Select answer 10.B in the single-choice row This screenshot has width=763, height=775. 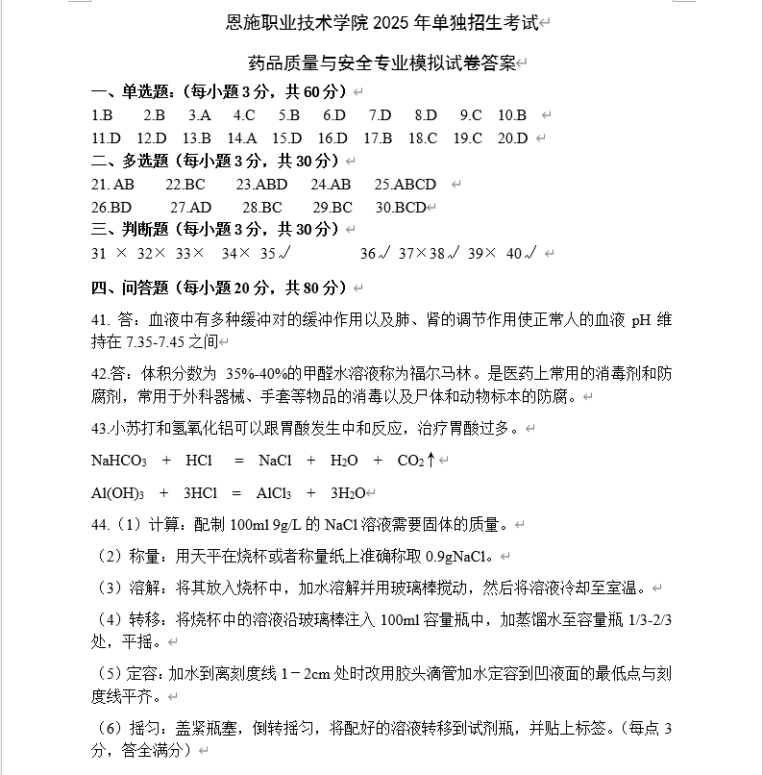[512, 115]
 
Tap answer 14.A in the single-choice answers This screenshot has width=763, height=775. [242, 138]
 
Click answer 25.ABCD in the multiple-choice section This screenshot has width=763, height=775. [406, 184]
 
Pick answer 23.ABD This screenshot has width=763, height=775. [261, 184]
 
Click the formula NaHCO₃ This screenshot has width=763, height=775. [119, 461]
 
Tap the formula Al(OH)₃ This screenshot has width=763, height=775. [117, 494]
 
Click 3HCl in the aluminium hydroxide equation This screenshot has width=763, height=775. [199, 494]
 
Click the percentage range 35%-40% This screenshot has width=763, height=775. [259, 373]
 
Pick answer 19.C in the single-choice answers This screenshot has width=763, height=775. [468, 138]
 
